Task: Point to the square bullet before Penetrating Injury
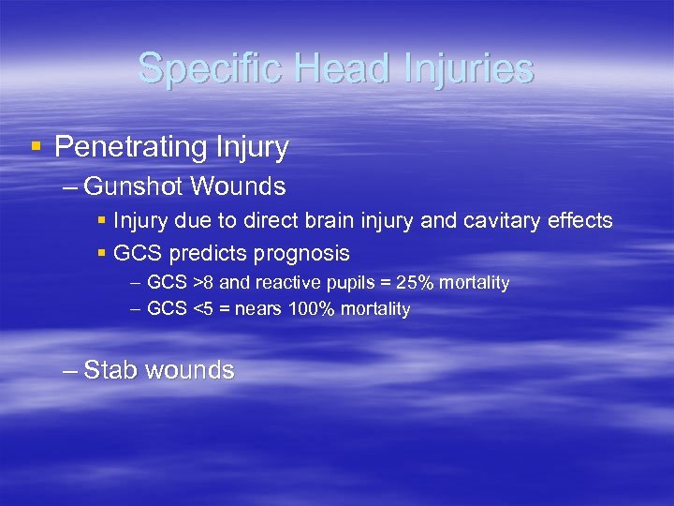point(36,147)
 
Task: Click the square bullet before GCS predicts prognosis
point(101,253)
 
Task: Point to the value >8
point(201,283)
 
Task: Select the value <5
point(201,309)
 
